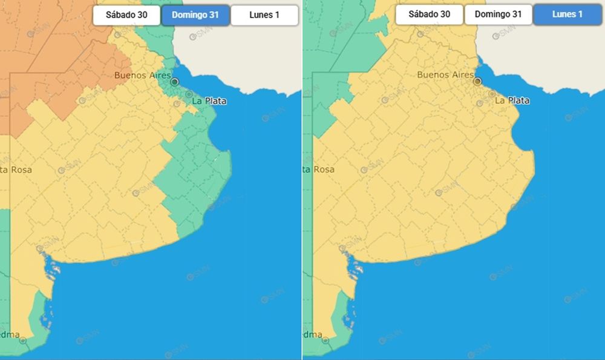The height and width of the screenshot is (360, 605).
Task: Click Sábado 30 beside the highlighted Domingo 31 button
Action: [x=126, y=15]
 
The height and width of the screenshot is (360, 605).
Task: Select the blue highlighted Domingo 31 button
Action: [x=195, y=15]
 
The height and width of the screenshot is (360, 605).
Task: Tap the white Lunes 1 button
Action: [x=264, y=15]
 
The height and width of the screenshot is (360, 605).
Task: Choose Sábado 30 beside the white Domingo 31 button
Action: [x=429, y=15]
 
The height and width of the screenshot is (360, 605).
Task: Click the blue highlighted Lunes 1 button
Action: [x=567, y=15]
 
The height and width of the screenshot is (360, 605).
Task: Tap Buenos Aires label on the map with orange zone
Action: [x=142, y=76]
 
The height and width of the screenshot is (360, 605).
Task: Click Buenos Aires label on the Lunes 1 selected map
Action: [x=445, y=74]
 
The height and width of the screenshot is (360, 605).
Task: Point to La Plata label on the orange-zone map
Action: [x=209, y=101]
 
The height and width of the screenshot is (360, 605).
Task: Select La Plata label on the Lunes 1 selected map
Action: [x=512, y=100]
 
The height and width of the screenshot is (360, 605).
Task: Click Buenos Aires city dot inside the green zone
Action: [x=175, y=81]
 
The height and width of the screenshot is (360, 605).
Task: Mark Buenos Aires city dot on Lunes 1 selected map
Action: [x=477, y=80]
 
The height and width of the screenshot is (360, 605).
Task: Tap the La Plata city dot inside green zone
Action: [x=189, y=94]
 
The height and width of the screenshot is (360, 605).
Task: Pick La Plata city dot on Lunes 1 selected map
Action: [x=491, y=94]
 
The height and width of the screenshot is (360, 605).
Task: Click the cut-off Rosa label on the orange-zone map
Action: [x=16, y=170]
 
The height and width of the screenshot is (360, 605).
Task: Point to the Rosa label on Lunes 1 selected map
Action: [x=319, y=169]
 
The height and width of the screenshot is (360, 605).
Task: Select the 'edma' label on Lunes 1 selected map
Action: [x=312, y=334]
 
